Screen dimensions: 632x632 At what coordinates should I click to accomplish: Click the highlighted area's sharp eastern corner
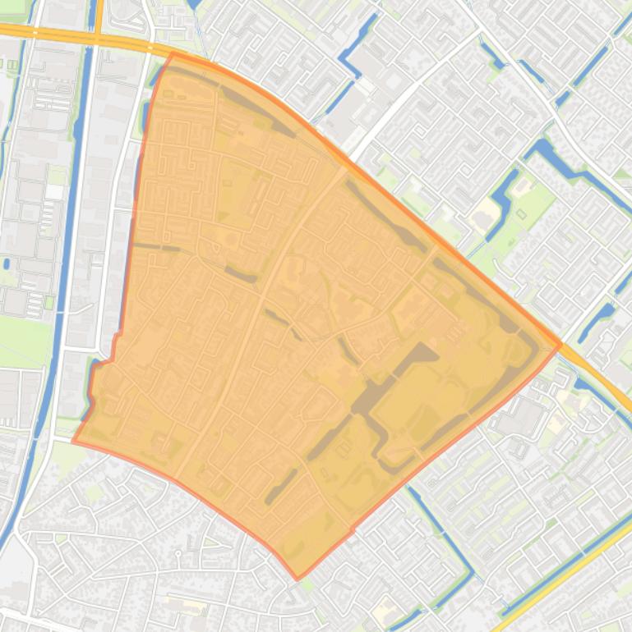coord(560,345)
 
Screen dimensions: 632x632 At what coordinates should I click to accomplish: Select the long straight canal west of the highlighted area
coord(71,205)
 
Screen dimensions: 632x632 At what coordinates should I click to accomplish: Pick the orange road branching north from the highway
coord(98,15)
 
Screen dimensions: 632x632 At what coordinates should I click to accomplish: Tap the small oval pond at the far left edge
coord(7,264)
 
